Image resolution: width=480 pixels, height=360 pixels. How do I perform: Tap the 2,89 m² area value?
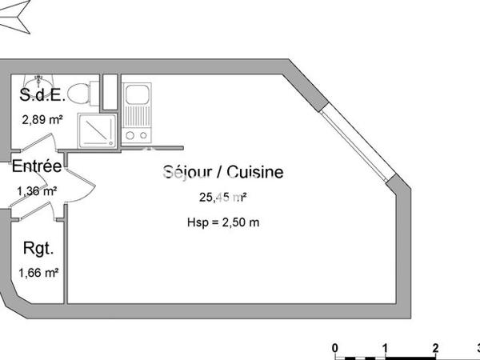[42, 119]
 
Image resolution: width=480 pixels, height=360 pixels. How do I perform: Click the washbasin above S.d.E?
[36, 81]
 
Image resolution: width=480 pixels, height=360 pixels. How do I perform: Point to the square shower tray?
[96, 128]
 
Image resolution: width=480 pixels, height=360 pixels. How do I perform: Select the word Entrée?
[36, 167]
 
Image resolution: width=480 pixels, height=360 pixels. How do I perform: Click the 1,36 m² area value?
[37, 190]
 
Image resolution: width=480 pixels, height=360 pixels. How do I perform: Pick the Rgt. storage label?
[38, 249]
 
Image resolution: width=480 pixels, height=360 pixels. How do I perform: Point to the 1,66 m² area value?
[39, 273]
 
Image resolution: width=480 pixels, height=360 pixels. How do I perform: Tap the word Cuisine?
[254, 172]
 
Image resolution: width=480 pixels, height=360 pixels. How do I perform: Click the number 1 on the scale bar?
[385, 347]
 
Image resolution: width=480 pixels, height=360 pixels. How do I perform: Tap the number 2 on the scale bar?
[434, 347]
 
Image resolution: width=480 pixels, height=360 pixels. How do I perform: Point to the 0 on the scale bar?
[336, 347]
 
